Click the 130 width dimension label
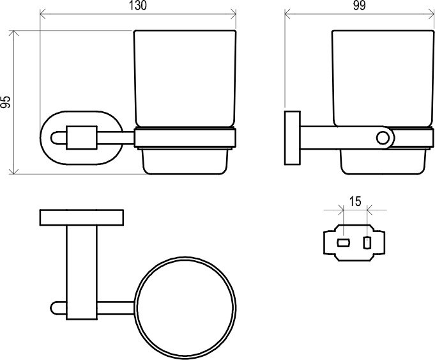click(x=138, y=6)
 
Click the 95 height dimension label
click(x=5, y=102)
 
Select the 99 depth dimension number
click(x=360, y=6)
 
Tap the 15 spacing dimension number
click(x=355, y=201)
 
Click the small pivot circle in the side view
click(x=383, y=138)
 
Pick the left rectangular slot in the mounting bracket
click(x=343, y=243)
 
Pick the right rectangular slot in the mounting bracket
click(x=367, y=243)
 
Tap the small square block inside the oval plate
click(x=82, y=137)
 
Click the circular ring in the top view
click(x=135, y=308)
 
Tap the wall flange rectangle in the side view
click(x=293, y=138)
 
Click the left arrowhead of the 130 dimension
click(x=43, y=13)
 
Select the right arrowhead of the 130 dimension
click(x=233, y=13)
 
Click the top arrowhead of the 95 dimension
click(x=13, y=33)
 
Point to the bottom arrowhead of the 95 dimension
click(x=13, y=171)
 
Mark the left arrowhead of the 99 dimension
click(x=287, y=13)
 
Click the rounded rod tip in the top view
click(x=53, y=308)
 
